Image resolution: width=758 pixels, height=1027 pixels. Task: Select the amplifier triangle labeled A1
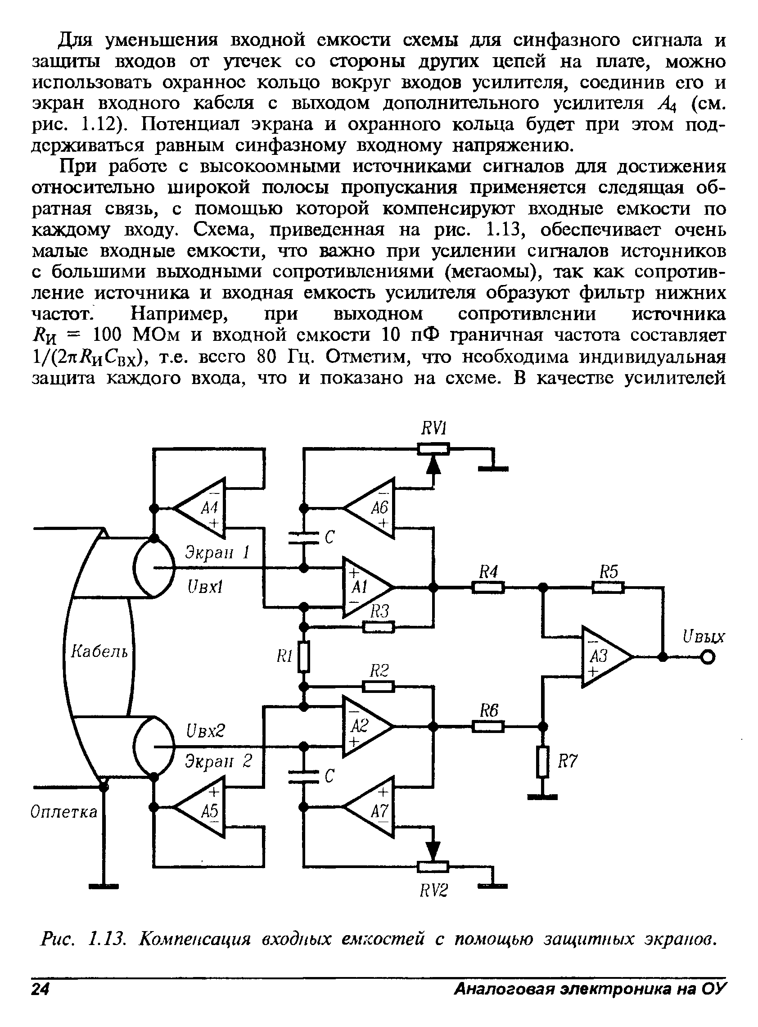(x=366, y=587)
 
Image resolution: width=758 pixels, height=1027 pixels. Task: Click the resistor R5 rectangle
(x=608, y=588)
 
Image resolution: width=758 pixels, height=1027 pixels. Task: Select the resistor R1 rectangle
(x=304, y=656)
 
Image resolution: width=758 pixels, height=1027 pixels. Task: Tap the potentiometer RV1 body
(x=433, y=448)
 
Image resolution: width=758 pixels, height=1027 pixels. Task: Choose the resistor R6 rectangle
(x=488, y=726)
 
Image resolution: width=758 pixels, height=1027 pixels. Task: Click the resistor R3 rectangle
(x=379, y=627)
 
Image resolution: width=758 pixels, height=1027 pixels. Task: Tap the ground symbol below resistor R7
(x=542, y=797)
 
